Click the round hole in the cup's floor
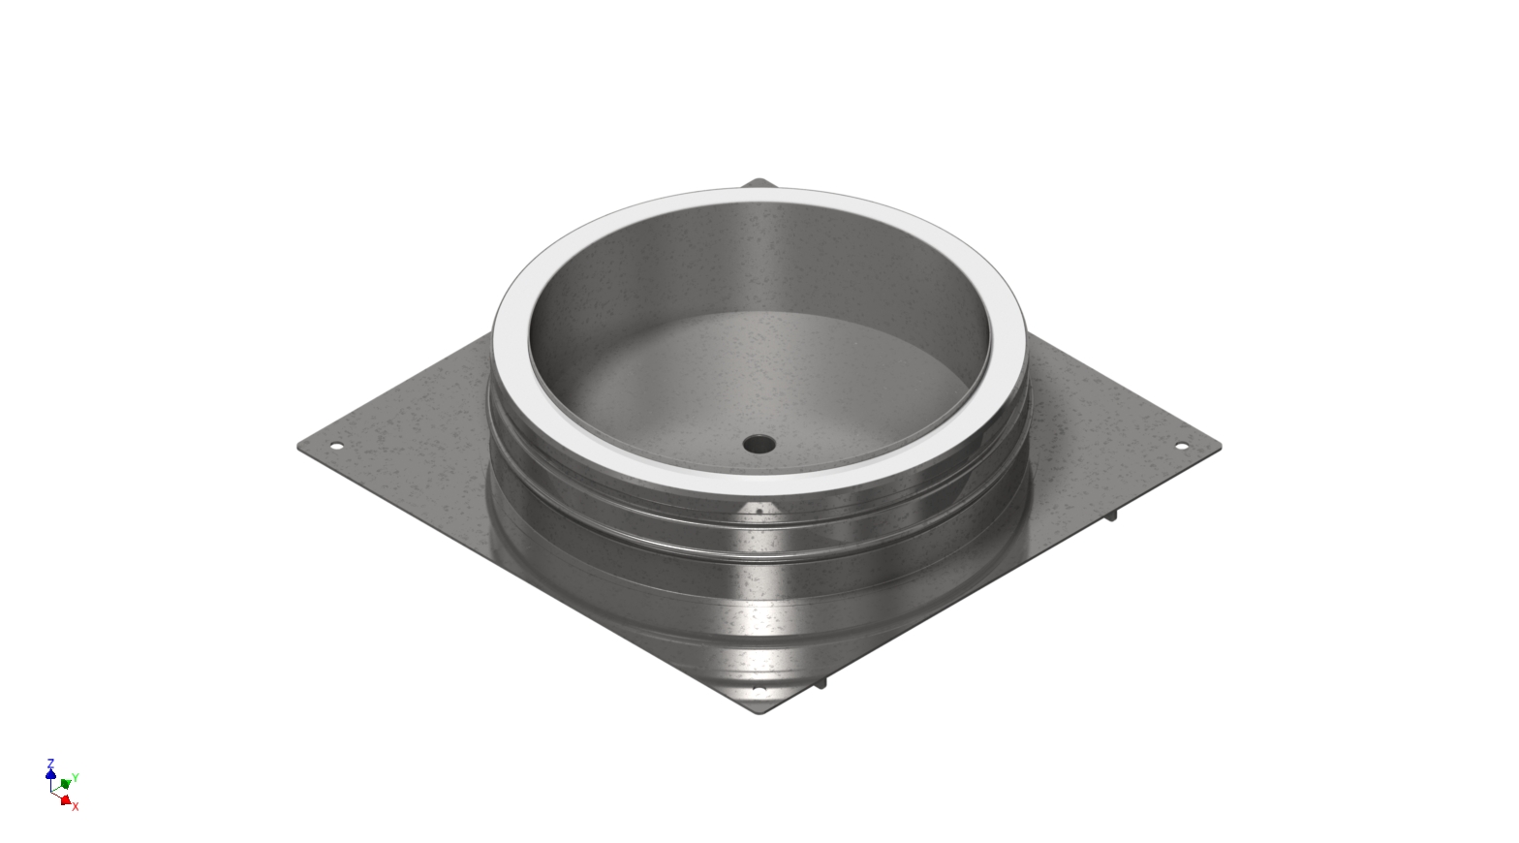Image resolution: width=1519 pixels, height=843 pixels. (759, 444)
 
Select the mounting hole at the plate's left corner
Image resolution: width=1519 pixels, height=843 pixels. (336, 447)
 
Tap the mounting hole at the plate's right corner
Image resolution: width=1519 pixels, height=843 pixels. (1181, 446)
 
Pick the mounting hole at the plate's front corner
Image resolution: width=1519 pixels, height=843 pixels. (759, 690)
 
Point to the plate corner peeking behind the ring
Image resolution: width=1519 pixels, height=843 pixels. (759, 182)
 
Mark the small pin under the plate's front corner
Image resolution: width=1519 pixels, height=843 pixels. (821, 683)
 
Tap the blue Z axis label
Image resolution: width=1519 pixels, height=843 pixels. (50, 764)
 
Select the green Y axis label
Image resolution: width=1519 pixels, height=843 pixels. (76, 778)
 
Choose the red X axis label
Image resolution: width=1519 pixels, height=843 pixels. (76, 806)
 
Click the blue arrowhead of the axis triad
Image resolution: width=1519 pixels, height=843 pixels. (50, 774)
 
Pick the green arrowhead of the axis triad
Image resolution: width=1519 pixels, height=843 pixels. (65, 783)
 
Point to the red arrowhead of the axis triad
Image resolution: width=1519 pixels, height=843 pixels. (65, 799)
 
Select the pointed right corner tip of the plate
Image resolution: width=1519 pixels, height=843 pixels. (1220, 446)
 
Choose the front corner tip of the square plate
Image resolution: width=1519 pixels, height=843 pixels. (759, 713)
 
